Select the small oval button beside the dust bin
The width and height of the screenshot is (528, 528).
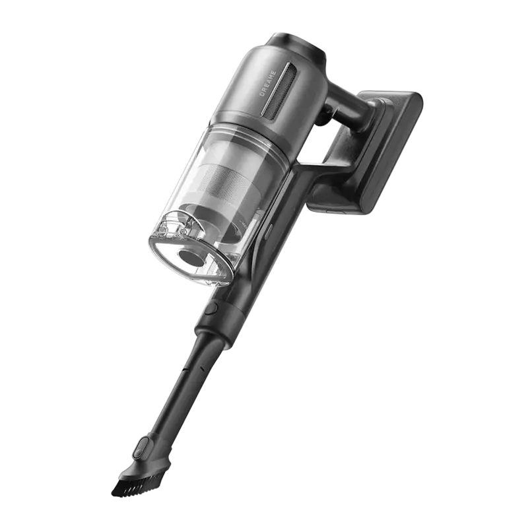pos(268,231)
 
